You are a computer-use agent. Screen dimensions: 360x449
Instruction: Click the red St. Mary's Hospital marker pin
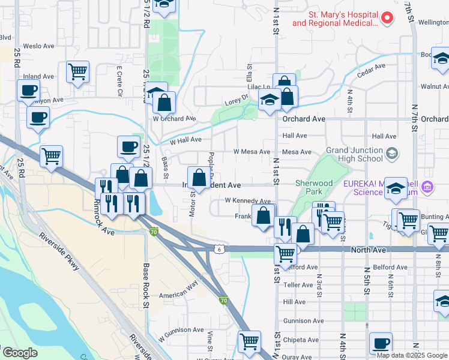(x=387, y=18)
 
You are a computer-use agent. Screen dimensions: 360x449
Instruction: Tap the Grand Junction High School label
(x=354, y=154)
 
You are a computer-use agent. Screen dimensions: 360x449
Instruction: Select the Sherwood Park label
(x=314, y=187)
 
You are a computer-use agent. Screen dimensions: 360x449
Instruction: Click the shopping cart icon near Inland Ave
(x=78, y=71)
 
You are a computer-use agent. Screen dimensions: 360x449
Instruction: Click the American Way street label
(x=178, y=295)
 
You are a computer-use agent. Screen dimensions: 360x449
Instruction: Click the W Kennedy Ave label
(x=247, y=200)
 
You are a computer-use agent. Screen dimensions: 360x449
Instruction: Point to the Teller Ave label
(x=295, y=284)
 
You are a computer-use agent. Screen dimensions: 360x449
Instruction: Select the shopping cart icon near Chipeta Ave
(x=249, y=341)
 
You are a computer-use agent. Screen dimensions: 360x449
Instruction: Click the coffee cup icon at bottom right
(x=381, y=343)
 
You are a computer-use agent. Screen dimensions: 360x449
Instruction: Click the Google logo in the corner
(x=19, y=353)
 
